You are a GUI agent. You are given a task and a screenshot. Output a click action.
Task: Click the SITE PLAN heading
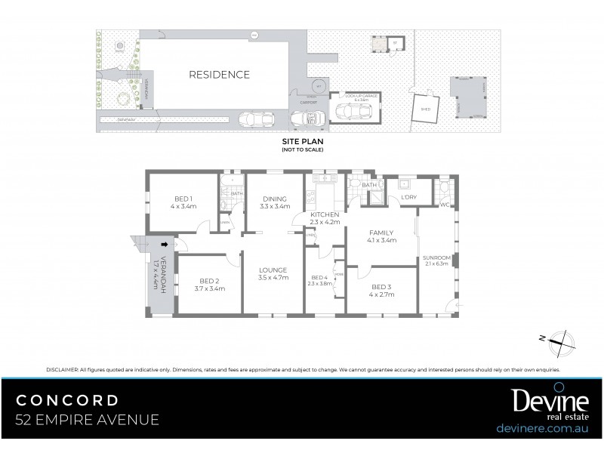pyautogui.click(x=302, y=142)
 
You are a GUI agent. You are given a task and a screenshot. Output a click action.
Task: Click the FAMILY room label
pyautogui.click(x=382, y=233)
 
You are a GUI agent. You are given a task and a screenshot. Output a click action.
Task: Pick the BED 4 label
pyautogui.click(x=319, y=277)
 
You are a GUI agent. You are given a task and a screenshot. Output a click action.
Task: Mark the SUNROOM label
pyautogui.click(x=436, y=257)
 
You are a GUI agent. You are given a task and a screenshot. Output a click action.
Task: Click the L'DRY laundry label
pyautogui.click(x=409, y=198)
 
